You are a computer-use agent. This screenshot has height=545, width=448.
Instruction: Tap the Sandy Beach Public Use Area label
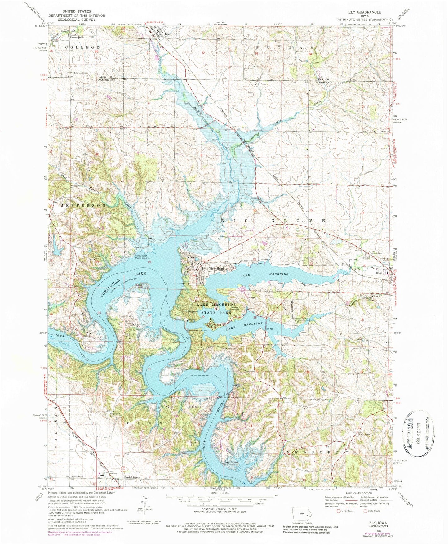pyautogui.click(x=143, y=257)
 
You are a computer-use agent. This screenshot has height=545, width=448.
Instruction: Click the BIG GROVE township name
pyautogui.click(x=273, y=221)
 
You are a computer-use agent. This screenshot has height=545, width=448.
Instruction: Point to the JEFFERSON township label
pyautogui.click(x=82, y=205)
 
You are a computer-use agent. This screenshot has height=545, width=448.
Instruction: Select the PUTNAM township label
pyautogui.click(x=284, y=47)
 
